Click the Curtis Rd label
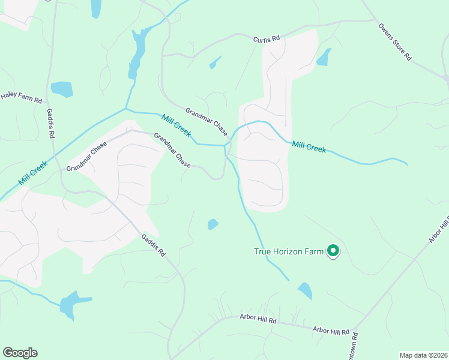tap(267, 39)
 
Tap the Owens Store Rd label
tap(395, 42)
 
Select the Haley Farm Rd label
tap(21, 95)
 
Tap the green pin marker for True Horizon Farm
tap(333, 251)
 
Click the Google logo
tap(20, 353)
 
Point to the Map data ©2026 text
tap(423, 355)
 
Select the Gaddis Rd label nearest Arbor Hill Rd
tap(153, 245)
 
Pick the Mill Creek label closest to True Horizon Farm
tap(309, 147)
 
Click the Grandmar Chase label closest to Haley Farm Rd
tap(86, 158)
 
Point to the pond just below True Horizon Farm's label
tap(305, 291)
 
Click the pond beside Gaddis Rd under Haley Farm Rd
tap(62, 89)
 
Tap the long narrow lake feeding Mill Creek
tap(137, 54)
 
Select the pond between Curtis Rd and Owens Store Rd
tap(324, 57)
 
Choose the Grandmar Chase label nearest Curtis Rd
tap(206, 121)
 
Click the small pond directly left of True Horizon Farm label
tap(212, 224)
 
